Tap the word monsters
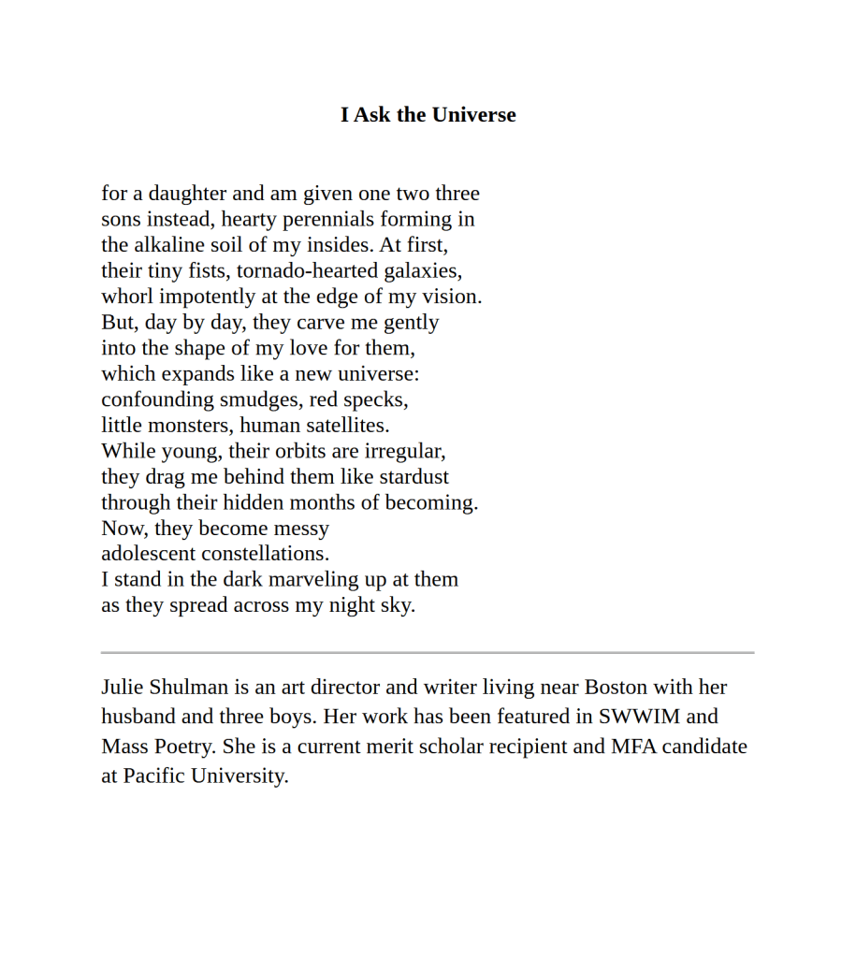tap(185, 426)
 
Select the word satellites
tap(342, 426)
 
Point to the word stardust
tap(413, 477)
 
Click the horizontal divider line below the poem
tap(428, 652)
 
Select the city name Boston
tap(616, 688)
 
